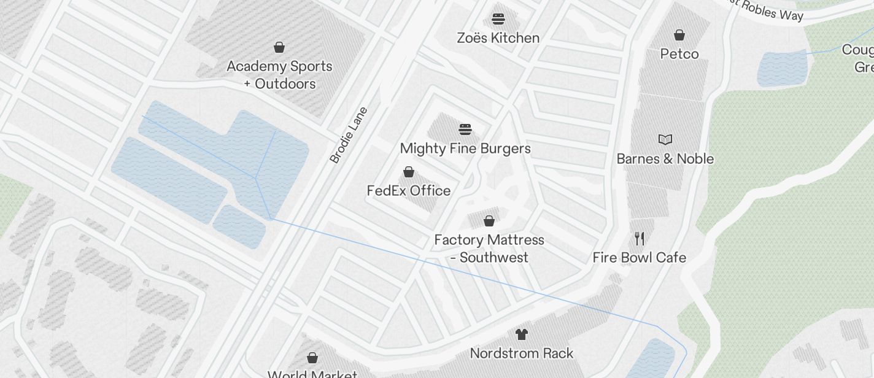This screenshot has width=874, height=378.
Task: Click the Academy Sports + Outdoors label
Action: tap(279, 75)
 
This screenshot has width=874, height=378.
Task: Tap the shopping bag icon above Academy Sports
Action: tap(279, 47)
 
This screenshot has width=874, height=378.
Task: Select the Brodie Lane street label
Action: tap(349, 136)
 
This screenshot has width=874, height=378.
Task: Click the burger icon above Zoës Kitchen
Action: tap(498, 19)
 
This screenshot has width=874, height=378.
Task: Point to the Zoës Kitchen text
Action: tap(498, 38)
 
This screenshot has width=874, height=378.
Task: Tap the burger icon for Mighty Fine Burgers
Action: tap(465, 129)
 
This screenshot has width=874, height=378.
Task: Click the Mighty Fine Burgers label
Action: tap(465, 148)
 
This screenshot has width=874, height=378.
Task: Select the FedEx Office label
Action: tap(409, 191)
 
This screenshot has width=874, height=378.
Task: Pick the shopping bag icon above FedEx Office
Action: tap(409, 172)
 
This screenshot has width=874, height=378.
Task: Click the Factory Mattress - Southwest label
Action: tap(489, 249)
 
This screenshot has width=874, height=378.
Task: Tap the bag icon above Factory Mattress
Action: tap(489, 221)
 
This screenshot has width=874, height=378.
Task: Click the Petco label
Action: tap(679, 54)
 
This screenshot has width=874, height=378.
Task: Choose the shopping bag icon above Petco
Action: tap(679, 35)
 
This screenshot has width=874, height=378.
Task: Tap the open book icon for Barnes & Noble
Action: tap(665, 139)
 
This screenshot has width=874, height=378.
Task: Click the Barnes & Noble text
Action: tap(665, 159)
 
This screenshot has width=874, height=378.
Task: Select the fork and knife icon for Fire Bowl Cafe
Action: tap(640, 238)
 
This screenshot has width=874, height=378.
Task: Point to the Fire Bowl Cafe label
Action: tap(640, 258)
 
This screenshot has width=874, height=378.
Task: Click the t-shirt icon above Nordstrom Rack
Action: tap(522, 334)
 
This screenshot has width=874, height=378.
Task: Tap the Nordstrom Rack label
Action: tap(522, 353)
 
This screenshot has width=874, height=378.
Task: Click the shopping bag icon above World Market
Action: tap(312, 358)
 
